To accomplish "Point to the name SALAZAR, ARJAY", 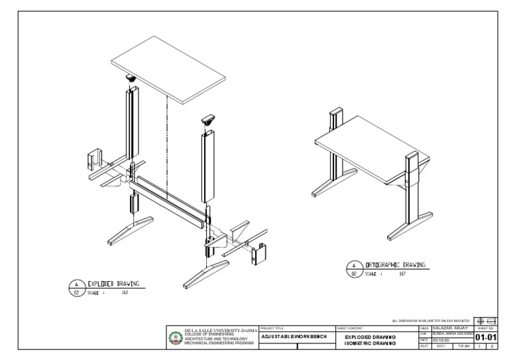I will point(451,328).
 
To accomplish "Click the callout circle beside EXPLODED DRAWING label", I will point(76,286).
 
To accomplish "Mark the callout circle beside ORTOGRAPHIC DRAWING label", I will point(354,269).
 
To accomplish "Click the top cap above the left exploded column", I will point(131,78).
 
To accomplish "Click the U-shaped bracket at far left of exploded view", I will point(95,159).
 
